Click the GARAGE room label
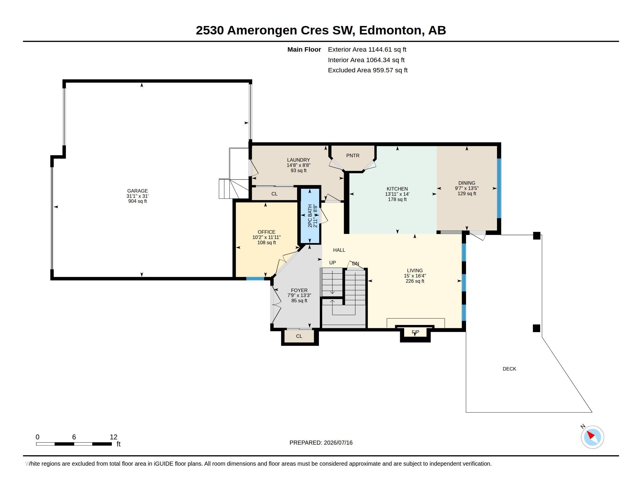[137, 191]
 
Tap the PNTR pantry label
[353, 156]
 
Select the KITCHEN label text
[397, 189]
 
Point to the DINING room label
[467, 183]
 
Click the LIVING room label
[415, 270]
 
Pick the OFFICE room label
[266, 232]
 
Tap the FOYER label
[299, 290]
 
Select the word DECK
[510, 369]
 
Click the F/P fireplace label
[415, 332]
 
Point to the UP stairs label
[332, 262]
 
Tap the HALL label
[339, 250]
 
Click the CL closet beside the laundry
[274, 194]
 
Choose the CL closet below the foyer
[299, 336]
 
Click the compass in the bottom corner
[592, 437]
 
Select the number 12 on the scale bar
[114, 437]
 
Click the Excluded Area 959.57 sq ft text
[368, 70]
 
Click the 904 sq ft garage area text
[137, 201]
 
